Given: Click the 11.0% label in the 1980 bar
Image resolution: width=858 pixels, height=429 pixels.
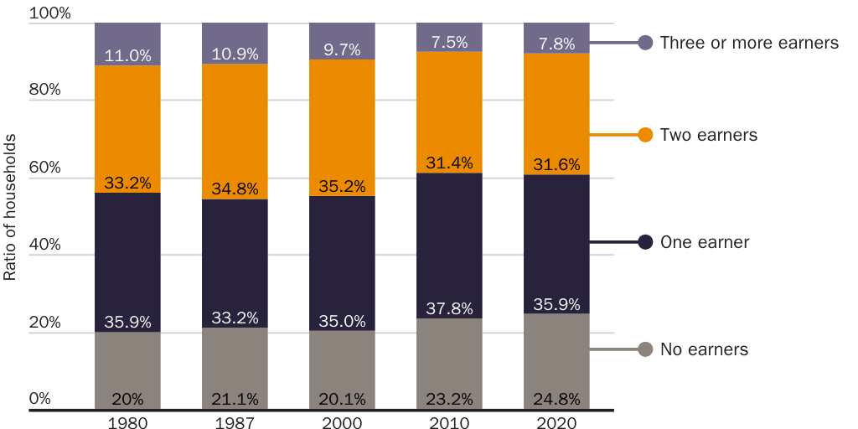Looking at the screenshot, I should [x=127, y=56].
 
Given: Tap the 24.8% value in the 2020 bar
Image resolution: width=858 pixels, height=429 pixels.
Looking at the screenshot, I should [x=556, y=398].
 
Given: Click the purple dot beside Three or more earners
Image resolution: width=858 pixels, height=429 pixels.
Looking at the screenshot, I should [x=645, y=43].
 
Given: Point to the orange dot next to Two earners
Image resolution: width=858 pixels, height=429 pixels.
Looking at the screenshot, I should [x=645, y=135].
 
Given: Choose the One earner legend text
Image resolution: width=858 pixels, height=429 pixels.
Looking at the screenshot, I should [x=704, y=242].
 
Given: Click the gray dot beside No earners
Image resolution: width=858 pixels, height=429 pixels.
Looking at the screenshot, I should [x=645, y=349].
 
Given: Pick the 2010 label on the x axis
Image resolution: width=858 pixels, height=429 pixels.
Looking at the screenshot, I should [x=449, y=422].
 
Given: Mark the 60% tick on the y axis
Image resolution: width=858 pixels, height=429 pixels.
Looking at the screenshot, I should [x=44, y=167].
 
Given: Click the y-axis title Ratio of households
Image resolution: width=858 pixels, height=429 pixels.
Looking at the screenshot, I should [x=10, y=216].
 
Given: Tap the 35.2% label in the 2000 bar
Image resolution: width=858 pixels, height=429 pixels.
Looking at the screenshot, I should [x=342, y=186].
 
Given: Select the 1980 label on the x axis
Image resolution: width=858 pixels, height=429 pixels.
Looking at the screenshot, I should [x=127, y=422].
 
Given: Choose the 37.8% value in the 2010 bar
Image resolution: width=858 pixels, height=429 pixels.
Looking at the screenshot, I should [x=449, y=308].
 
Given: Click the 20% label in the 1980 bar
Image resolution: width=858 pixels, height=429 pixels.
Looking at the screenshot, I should [x=127, y=398].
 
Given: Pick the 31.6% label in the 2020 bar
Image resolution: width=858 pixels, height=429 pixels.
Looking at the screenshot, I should [x=556, y=164].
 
